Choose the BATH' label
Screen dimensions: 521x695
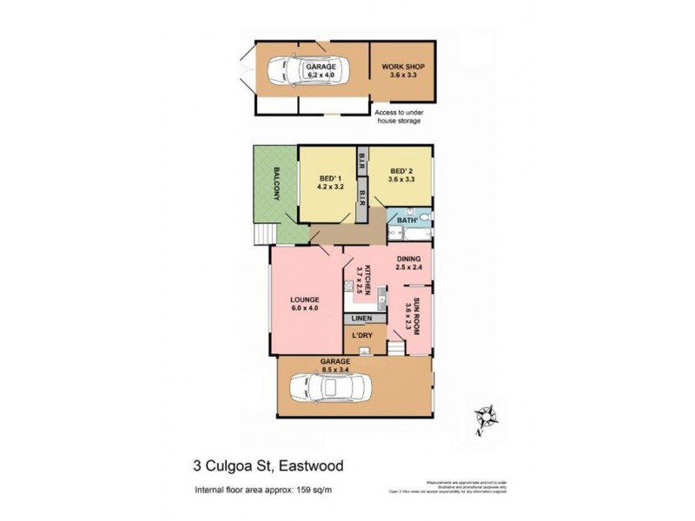coord(407,221)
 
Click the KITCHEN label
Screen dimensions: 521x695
coord(368,280)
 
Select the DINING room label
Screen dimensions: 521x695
coord(408,259)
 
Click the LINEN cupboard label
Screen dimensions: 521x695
coord(361,319)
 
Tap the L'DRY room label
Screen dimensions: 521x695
coord(361,335)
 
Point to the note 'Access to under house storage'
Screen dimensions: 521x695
coord(398,116)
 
